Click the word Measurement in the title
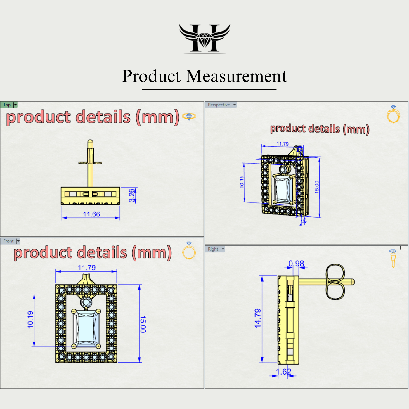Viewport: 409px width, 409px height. click(x=236, y=76)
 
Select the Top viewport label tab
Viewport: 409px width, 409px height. click(x=7, y=105)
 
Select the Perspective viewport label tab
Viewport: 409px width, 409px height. click(x=219, y=105)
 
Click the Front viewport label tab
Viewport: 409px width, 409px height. click(x=8, y=241)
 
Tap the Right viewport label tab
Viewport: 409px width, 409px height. click(x=213, y=249)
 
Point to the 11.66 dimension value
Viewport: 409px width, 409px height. click(x=91, y=214)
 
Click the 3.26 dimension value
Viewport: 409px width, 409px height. click(x=132, y=195)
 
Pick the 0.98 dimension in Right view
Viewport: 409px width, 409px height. click(x=296, y=264)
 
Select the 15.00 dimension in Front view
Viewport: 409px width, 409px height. click(x=143, y=324)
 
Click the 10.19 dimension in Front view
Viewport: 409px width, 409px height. click(x=30, y=320)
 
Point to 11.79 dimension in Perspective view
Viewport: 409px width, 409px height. click(x=283, y=144)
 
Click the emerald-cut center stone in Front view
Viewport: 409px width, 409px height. click(x=86, y=328)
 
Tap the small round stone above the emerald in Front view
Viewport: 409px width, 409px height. click(x=86, y=302)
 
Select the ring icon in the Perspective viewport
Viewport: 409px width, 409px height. click(x=393, y=115)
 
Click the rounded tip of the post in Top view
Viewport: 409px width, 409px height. click(x=90, y=142)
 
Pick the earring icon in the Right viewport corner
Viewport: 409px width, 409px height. click(x=393, y=258)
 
